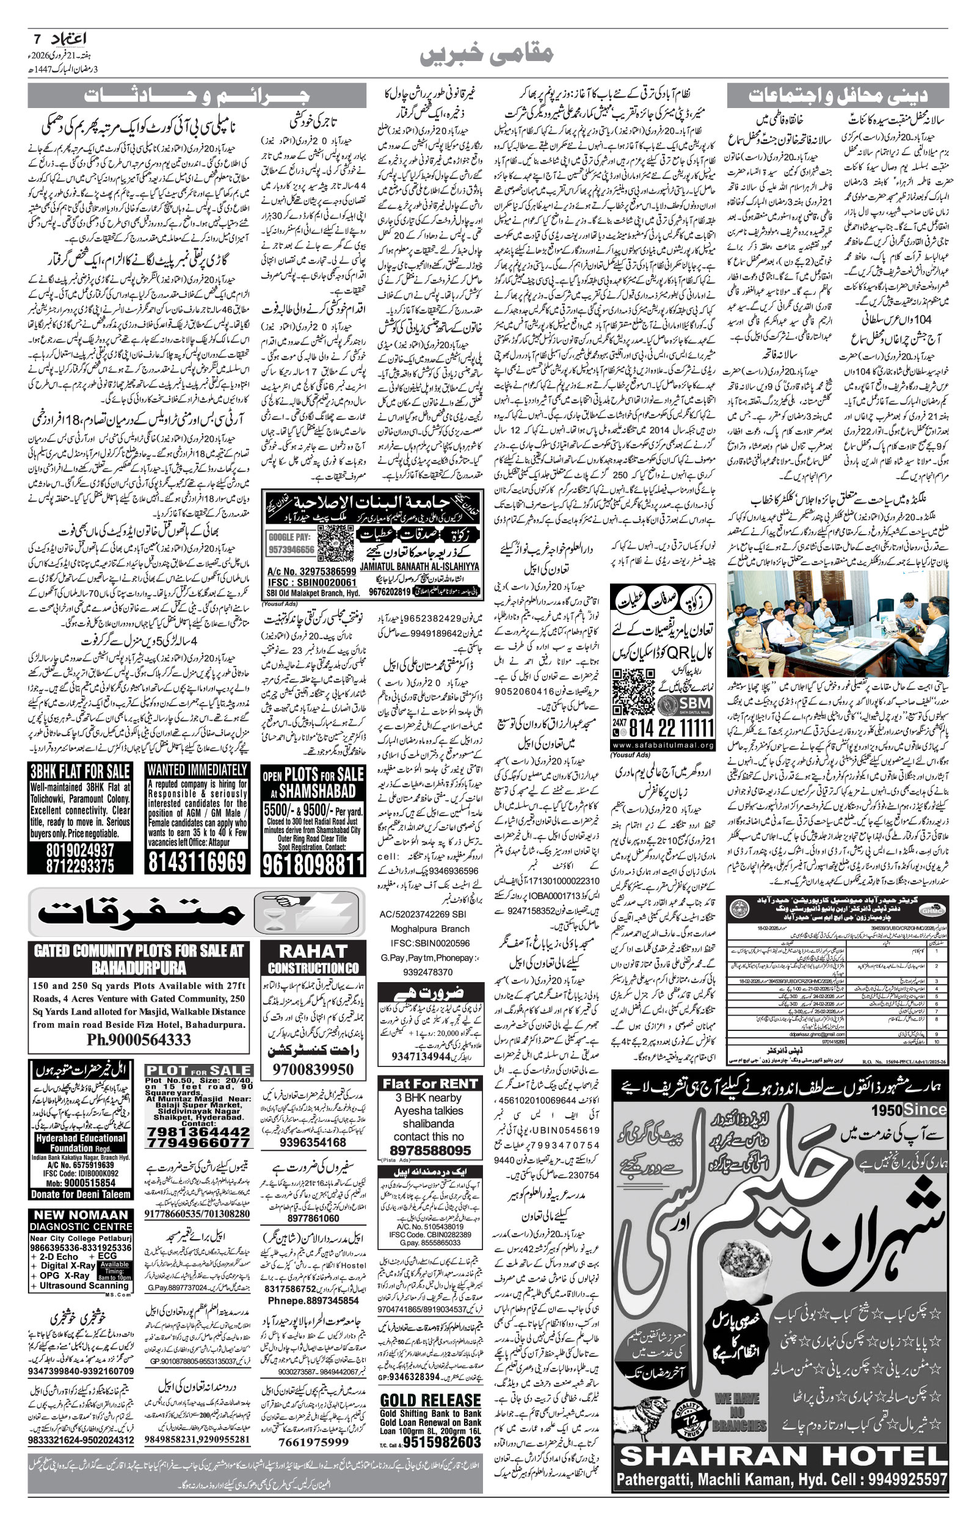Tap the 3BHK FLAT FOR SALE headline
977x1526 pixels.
click(80, 772)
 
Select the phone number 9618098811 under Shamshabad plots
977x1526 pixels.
click(313, 864)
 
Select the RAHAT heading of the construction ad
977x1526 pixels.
click(313, 952)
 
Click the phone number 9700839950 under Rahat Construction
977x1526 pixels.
click(313, 1069)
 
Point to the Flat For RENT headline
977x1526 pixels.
click(429, 1084)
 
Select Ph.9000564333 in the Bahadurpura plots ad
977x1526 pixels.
click(139, 1040)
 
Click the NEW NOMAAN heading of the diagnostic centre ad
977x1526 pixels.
click(81, 1215)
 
